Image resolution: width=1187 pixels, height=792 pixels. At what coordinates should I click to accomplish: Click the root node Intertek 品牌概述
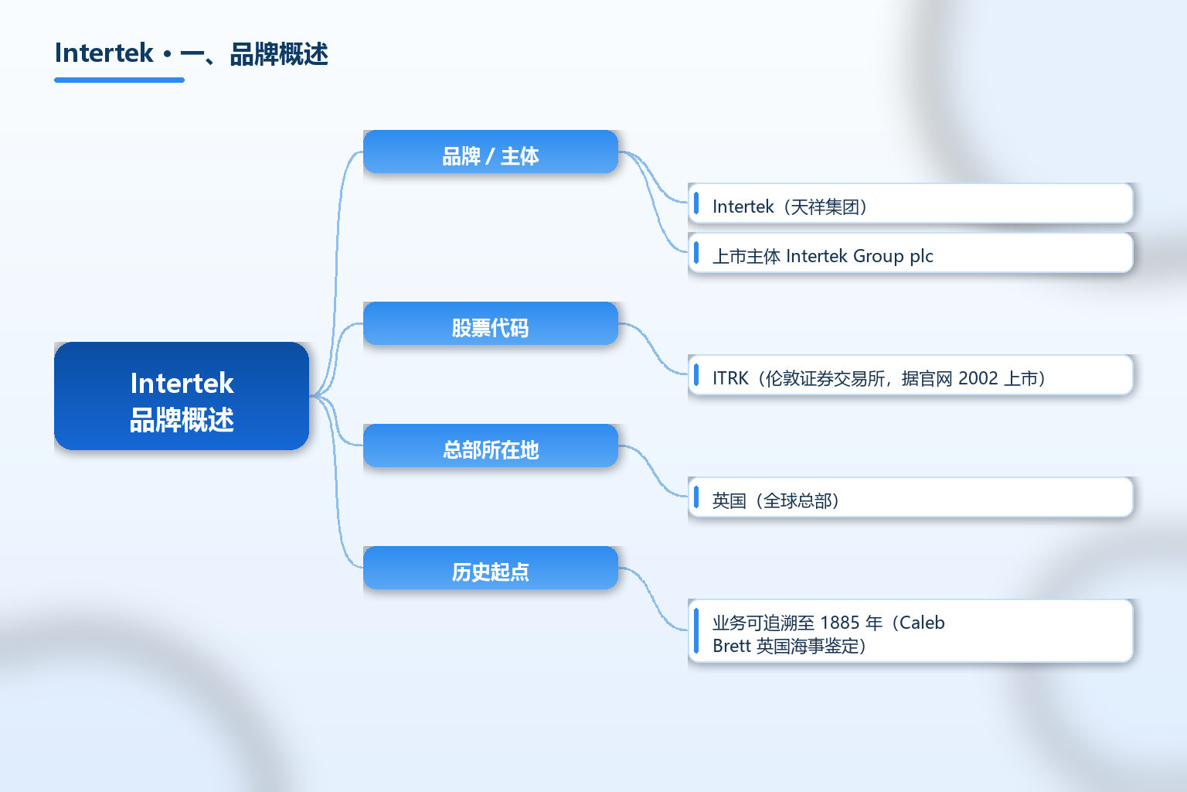pyautogui.click(x=182, y=396)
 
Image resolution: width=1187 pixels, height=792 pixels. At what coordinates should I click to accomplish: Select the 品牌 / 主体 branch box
pyautogui.click(x=491, y=152)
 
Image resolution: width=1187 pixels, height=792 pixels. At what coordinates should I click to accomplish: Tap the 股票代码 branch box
pyautogui.click(x=491, y=323)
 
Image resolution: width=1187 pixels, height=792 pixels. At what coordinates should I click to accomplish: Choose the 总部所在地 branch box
pyautogui.click(x=491, y=445)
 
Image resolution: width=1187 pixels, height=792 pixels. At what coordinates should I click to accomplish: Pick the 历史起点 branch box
pyautogui.click(x=491, y=568)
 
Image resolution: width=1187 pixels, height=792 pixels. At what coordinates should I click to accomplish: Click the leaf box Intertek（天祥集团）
pyautogui.click(x=910, y=203)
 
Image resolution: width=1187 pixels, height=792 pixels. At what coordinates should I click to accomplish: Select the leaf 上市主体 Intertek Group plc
pyautogui.click(x=910, y=253)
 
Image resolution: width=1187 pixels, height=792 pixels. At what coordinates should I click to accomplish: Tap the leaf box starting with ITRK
pyautogui.click(x=910, y=375)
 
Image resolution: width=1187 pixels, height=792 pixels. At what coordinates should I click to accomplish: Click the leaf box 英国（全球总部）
pyautogui.click(x=910, y=497)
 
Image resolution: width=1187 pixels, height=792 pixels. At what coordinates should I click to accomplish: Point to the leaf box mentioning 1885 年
pyautogui.click(x=910, y=630)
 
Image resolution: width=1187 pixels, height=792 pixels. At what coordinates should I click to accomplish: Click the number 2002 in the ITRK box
pyautogui.click(x=978, y=378)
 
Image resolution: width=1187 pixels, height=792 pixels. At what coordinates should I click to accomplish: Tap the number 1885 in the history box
pyautogui.click(x=840, y=623)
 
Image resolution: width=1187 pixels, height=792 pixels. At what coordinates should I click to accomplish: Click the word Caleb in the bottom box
pyautogui.click(x=922, y=623)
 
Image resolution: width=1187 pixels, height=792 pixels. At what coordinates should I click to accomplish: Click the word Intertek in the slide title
pyautogui.click(x=104, y=53)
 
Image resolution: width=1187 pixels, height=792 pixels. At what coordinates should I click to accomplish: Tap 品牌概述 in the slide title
pyautogui.click(x=279, y=54)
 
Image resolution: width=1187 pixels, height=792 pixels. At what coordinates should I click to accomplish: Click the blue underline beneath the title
pyautogui.click(x=119, y=80)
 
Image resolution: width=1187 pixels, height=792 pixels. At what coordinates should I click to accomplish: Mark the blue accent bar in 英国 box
pyautogui.click(x=696, y=497)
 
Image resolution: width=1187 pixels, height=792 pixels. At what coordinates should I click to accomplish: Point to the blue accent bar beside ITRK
pyautogui.click(x=696, y=375)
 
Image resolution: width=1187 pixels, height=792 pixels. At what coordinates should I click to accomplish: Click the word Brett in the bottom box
pyautogui.click(x=732, y=646)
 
